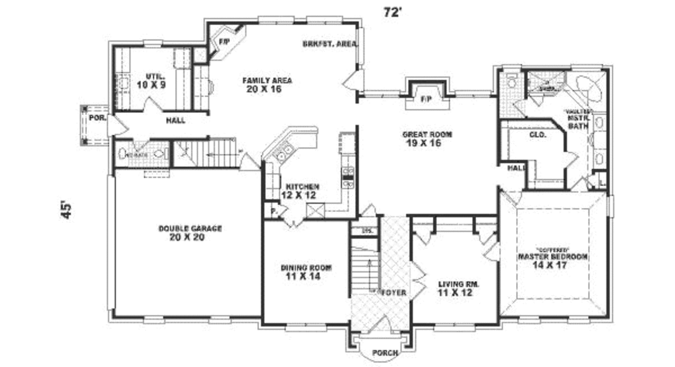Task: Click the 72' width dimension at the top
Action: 393,12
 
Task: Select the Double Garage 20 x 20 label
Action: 190,232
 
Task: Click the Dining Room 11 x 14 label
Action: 306,272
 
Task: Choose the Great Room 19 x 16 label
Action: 427,139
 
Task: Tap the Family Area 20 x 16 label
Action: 266,84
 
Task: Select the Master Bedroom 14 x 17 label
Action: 552,260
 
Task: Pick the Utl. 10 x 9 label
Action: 151,81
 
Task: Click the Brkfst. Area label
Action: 330,44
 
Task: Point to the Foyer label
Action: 394,292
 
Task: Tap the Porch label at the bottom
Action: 385,353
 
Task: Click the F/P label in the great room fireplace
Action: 426,99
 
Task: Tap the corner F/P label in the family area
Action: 223,42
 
